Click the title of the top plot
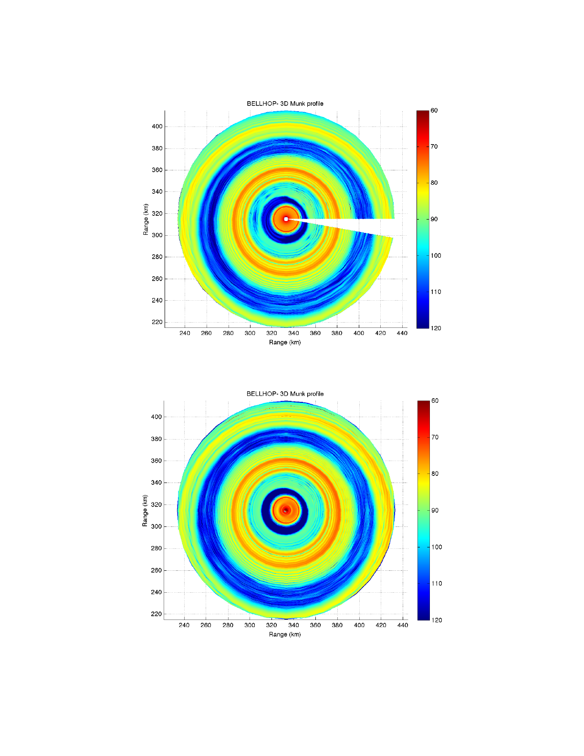[285, 104]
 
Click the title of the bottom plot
[285, 394]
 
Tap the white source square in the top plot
[286, 219]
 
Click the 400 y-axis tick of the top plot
[157, 126]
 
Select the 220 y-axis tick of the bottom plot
[156, 614]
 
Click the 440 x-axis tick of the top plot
[402, 333]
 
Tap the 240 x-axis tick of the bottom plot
[184, 625]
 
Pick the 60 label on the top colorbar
[434, 111]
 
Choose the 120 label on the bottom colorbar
[437, 620]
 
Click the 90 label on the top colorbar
[434, 219]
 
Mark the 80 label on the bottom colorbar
[435, 474]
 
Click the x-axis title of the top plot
[285, 342]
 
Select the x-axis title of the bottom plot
[285, 634]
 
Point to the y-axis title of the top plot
[146, 220]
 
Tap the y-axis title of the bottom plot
[145, 511]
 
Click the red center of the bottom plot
[285, 510]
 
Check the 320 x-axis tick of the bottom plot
[271, 625]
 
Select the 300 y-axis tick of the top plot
[157, 235]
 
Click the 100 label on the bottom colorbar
[437, 547]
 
